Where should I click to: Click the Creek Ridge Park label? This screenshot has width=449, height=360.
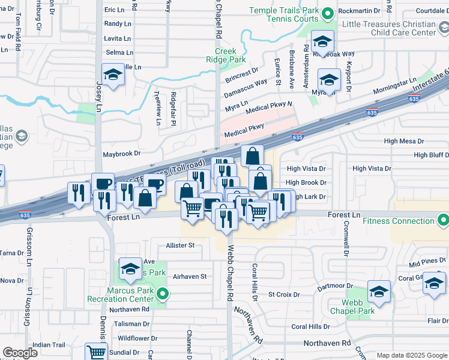[x=231, y=56]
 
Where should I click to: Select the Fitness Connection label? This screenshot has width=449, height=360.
[x=397, y=221]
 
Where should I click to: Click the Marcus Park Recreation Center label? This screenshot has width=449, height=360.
[x=130, y=295]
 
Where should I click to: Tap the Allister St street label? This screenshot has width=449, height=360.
[x=180, y=245]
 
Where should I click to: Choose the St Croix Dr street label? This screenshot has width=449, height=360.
[x=283, y=295]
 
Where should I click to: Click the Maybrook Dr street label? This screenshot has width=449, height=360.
[x=121, y=154]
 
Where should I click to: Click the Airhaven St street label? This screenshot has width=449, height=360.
[x=189, y=277]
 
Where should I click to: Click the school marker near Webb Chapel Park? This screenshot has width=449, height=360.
[x=379, y=292]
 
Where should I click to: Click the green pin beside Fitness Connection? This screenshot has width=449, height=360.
[x=442, y=221]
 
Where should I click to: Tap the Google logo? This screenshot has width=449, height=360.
[x=20, y=353]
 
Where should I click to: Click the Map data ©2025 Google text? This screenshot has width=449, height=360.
[x=411, y=355]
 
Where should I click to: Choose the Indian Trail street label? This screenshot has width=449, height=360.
[x=49, y=345]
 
